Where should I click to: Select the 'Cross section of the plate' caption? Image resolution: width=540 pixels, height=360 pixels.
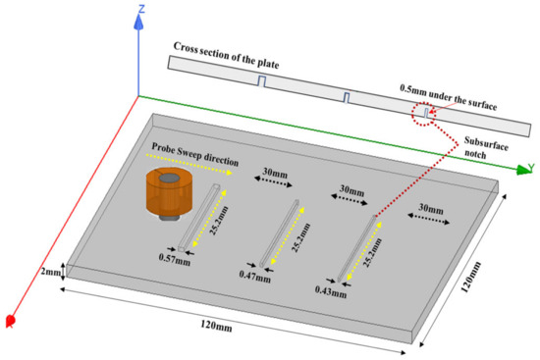click(x=225, y=47)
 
